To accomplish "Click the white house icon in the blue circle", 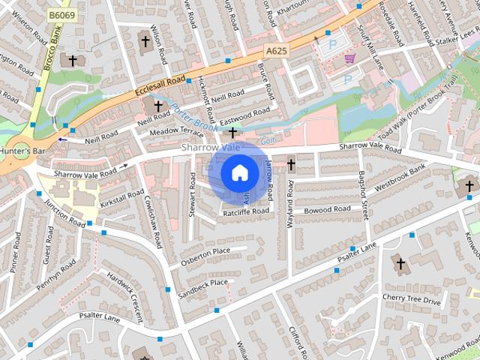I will pyautogui.click(x=238, y=173).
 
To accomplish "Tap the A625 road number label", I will pyautogui.click(x=275, y=50).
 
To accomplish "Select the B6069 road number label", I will pyautogui.click(x=62, y=14).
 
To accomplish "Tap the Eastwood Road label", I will pyautogui.click(x=245, y=113).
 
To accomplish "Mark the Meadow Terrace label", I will pyautogui.click(x=176, y=132).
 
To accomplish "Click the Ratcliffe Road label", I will pyautogui.click(x=245, y=212).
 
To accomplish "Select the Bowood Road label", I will pyautogui.click(x=327, y=210).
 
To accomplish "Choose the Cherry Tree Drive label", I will pyautogui.click(x=411, y=299).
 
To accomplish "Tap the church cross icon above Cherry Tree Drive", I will pyautogui.click(x=400, y=264).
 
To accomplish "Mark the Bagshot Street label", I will pyautogui.click(x=364, y=195).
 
